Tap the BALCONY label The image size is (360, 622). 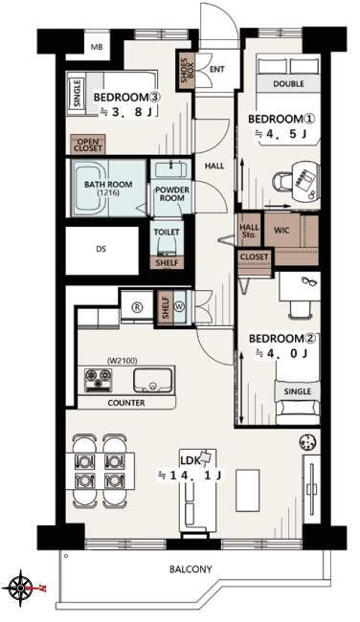(x=191, y=569)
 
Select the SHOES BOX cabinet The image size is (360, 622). (x=187, y=71)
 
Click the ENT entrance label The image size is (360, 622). (x=217, y=70)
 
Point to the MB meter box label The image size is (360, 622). (x=97, y=47)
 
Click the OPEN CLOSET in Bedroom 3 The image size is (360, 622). (x=88, y=145)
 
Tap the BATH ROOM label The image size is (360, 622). (x=108, y=188)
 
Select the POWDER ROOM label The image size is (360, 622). (x=172, y=193)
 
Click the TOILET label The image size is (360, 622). (x=167, y=233)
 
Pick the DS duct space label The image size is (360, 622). (x=101, y=250)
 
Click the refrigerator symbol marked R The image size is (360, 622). (x=137, y=307)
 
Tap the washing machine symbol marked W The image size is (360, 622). (x=178, y=306)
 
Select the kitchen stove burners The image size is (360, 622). (x=98, y=380)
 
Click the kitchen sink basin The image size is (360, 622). (x=153, y=380)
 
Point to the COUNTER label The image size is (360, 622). (x=126, y=403)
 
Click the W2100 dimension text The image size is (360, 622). (x=123, y=361)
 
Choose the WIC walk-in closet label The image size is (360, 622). (x=281, y=230)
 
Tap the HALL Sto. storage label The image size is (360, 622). (x=249, y=231)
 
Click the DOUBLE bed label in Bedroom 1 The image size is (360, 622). (x=288, y=83)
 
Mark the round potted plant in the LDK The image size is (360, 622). (x=308, y=441)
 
